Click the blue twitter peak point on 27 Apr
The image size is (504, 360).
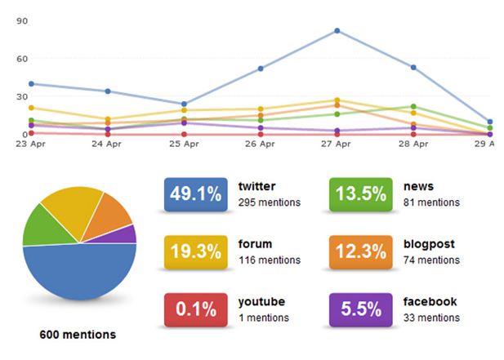pyautogui.click(x=337, y=31)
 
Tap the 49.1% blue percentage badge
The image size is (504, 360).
pyautogui.click(x=195, y=194)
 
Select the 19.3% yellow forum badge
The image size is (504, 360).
pyautogui.click(x=195, y=251)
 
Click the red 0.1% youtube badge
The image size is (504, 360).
pyautogui.click(x=195, y=309)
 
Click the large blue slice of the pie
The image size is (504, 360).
pyautogui.click(x=78, y=273)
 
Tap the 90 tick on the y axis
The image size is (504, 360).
pyautogui.click(x=22, y=21)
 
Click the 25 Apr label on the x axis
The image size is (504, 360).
pyautogui.click(x=184, y=144)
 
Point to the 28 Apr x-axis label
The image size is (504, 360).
pyautogui.click(x=413, y=144)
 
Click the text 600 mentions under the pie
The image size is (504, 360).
pyautogui.click(x=78, y=335)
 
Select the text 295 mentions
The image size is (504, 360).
pyautogui.click(x=270, y=202)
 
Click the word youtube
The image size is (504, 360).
pyautogui.click(x=261, y=301)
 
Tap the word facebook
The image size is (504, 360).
pyautogui.click(x=430, y=301)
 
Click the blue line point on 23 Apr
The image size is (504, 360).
pyautogui.click(x=31, y=83)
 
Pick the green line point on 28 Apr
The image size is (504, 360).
pyautogui.click(x=414, y=107)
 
